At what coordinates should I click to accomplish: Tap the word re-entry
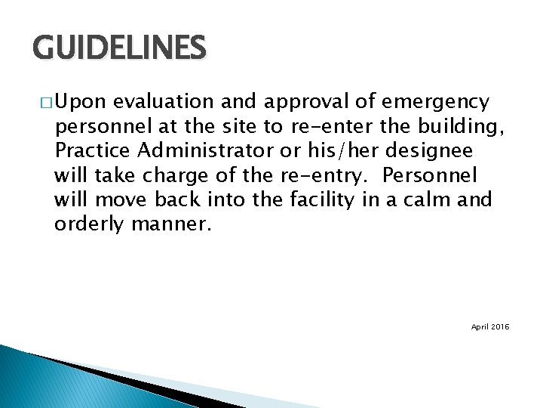[330, 176]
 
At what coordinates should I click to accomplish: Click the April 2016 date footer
[490, 326]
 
